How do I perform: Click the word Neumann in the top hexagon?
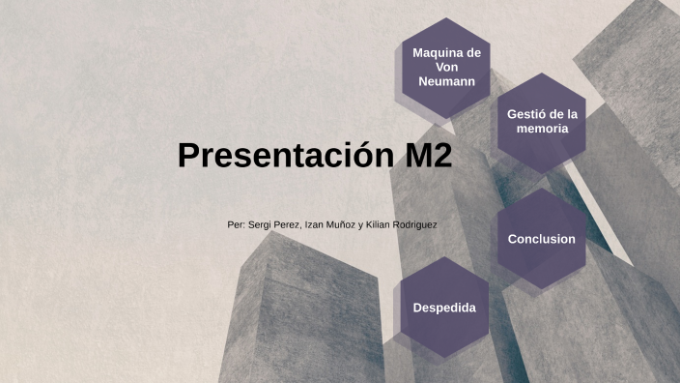pyautogui.click(x=446, y=81)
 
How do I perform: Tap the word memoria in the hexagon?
pyautogui.click(x=542, y=129)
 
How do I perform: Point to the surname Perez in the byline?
pyautogui.click(x=288, y=224)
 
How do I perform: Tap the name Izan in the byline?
pyautogui.click(x=315, y=224)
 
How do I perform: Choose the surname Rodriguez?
pyautogui.click(x=416, y=224)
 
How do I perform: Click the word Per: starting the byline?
pyautogui.click(x=236, y=224)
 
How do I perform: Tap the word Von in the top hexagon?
pyautogui.click(x=446, y=67)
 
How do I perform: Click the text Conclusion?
pyautogui.click(x=541, y=239)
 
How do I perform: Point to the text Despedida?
pyautogui.click(x=444, y=308)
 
